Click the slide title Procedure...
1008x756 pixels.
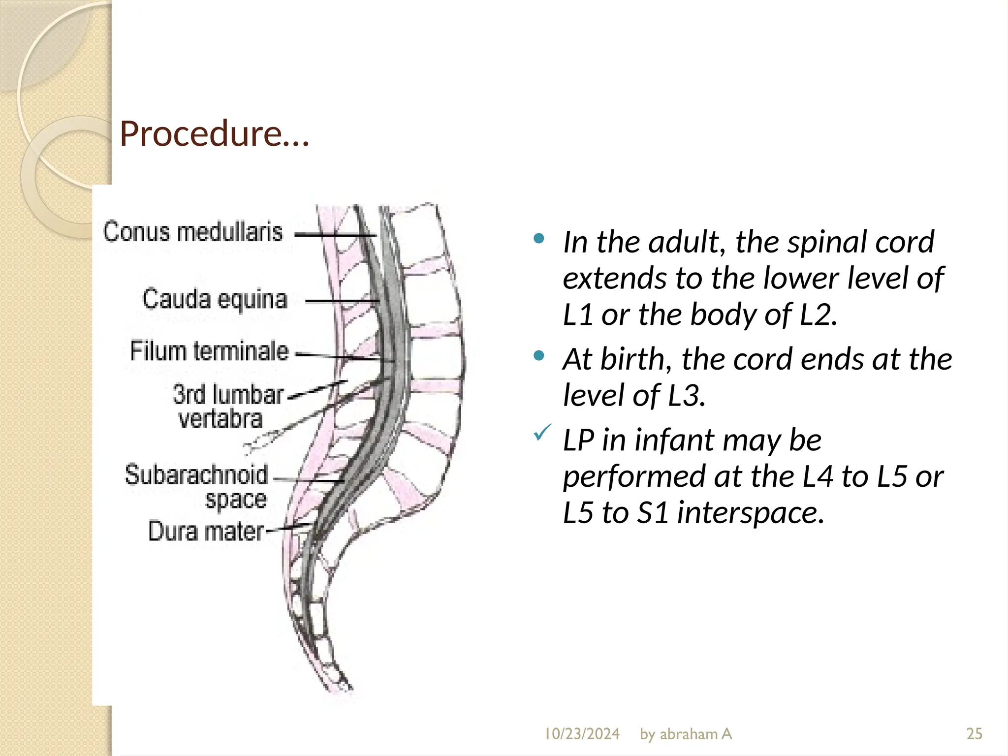(x=214, y=134)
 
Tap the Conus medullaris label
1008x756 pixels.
(x=193, y=232)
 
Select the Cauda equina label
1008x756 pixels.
(x=215, y=299)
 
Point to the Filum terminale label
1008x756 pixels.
(x=209, y=351)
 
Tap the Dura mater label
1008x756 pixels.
(x=206, y=532)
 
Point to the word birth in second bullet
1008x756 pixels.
(x=635, y=359)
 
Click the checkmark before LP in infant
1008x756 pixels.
(x=541, y=433)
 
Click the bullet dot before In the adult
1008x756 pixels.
(x=539, y=239)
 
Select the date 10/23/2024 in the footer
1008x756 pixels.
(x=582, y=734)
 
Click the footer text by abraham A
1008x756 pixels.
(x=686, y=734)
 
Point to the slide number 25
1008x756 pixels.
(x=974, y=734)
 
